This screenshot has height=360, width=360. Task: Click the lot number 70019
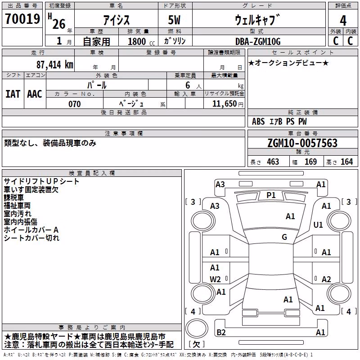point(22,19)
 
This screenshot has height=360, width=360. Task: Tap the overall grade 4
point(343,21)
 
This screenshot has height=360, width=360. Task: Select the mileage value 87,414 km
point(55,65)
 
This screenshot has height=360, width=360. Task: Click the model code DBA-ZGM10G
point(258,41)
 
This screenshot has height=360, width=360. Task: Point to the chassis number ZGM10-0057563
point(302,143)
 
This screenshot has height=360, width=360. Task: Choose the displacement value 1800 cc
point(141,42)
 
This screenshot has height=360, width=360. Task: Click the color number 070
point(75,104)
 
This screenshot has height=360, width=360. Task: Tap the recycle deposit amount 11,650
point(225,104)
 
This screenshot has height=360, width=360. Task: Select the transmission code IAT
point(13,94)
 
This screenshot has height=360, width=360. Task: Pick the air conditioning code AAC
point(35,94)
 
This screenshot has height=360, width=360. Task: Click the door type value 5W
point(174,20)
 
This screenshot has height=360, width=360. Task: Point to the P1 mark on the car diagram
point(271,195)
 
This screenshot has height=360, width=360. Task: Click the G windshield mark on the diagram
point(284,237)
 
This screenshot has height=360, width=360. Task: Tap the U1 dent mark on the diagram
point(318,225)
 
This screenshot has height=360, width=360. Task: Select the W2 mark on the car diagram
point(215,279)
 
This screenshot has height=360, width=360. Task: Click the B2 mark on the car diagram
point(221,332)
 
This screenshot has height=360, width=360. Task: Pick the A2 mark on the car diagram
point(326,279)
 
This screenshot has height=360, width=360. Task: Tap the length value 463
point(273,162)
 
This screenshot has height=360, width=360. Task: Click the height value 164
point(346,162)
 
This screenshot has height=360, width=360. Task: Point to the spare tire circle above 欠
point(197,328)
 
